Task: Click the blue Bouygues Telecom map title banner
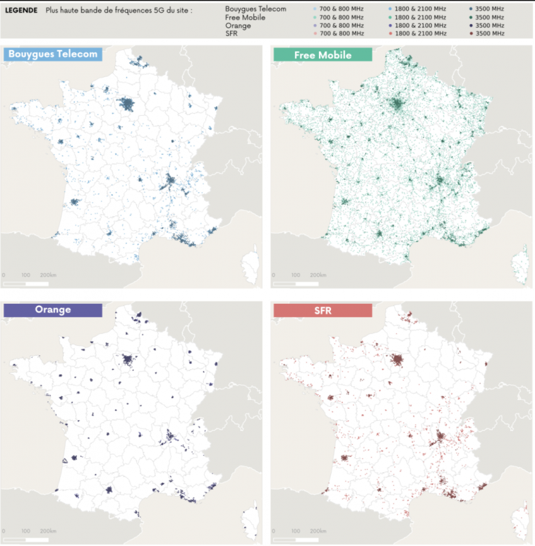click(53, 54)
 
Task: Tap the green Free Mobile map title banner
click(322, 55)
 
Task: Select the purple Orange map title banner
click(52, 310)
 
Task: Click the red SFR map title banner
click(322, 310)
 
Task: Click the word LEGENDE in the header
click(21, 11)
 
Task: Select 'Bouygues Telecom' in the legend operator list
click(257, 9)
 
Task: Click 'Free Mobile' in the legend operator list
click(246, 17)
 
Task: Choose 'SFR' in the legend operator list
click(232, 33)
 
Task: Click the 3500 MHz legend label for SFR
click(492, 33)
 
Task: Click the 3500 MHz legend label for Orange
click(492, 25)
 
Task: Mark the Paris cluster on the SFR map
click(398, 361)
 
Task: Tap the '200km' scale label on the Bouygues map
click(48, 275)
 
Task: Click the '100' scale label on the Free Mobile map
click(294, 275)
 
